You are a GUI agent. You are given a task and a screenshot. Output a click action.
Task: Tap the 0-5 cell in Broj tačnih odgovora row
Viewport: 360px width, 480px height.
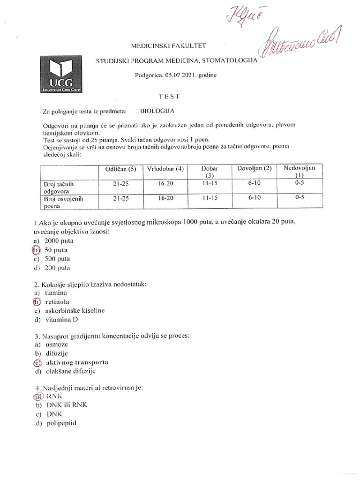point(300,184)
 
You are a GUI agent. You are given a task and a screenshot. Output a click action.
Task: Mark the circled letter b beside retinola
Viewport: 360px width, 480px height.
point(36,302)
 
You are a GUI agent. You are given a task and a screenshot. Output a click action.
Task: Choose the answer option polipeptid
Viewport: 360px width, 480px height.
point(61,423)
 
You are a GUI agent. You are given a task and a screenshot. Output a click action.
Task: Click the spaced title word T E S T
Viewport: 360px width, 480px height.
point(168,95)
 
